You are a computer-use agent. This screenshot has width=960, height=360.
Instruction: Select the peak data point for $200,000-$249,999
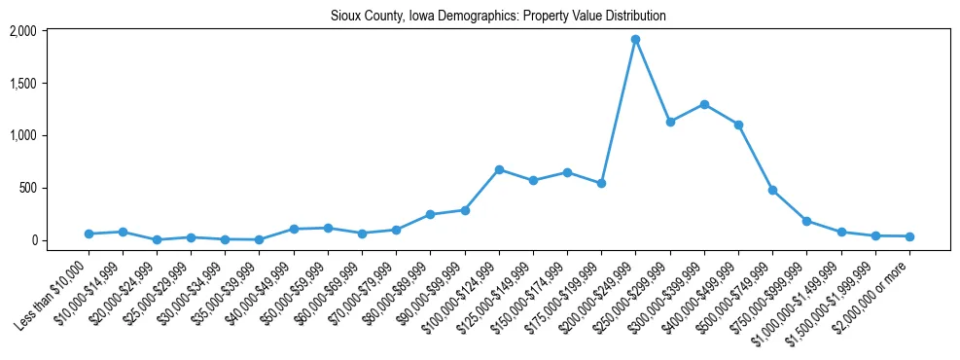point(635,40)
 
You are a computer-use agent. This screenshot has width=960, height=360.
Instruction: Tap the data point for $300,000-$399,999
point(704,104)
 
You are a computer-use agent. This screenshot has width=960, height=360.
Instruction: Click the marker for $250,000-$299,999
point(669,122)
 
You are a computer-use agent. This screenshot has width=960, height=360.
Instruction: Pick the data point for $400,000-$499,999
point(738,125)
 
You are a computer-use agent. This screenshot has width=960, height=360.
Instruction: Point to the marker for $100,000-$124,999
point(499,169)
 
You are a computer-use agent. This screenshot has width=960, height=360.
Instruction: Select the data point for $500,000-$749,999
point(772,190)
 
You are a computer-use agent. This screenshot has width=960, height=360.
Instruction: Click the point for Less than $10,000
point(89,234)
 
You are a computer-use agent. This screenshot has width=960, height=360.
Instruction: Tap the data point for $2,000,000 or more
point(909,236)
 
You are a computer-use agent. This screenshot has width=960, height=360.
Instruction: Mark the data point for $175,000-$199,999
point(601,183)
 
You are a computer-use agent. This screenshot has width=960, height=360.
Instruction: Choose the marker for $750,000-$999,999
point(806,221)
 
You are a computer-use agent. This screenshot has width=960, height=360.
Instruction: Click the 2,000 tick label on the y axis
point(50,31)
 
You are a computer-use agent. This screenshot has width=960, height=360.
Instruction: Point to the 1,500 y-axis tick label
point(50,84)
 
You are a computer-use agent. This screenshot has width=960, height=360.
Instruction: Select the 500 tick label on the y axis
point(55,188)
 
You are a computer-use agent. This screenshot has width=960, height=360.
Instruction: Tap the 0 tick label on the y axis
point(60,240)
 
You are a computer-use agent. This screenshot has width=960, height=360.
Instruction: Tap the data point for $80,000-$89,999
point(430,214)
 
